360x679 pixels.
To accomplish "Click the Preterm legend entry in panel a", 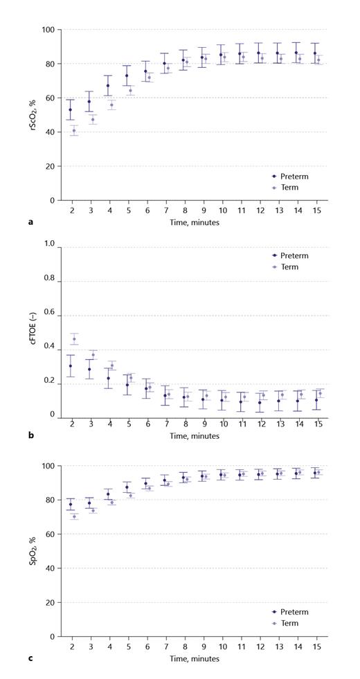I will (290, 176).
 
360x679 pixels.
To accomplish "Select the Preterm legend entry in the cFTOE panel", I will (290, 255).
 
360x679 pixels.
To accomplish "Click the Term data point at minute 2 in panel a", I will (74, 131).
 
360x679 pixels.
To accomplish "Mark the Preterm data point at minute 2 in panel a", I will (70, 109).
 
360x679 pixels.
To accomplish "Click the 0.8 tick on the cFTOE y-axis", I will (48, 278).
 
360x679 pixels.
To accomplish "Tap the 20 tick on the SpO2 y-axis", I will (50, 602).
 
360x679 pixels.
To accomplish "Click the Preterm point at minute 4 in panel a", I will (108, 86).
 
